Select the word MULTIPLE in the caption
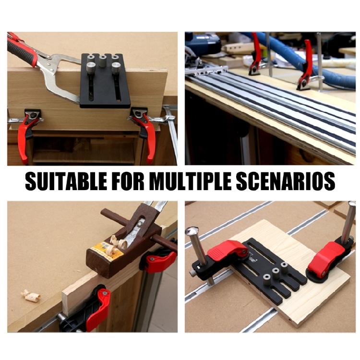[x=195, y=182]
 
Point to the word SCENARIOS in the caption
[x=290, y=182]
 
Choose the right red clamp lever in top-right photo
[x=306, y=62]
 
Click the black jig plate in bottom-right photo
[x=269, y=274]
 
